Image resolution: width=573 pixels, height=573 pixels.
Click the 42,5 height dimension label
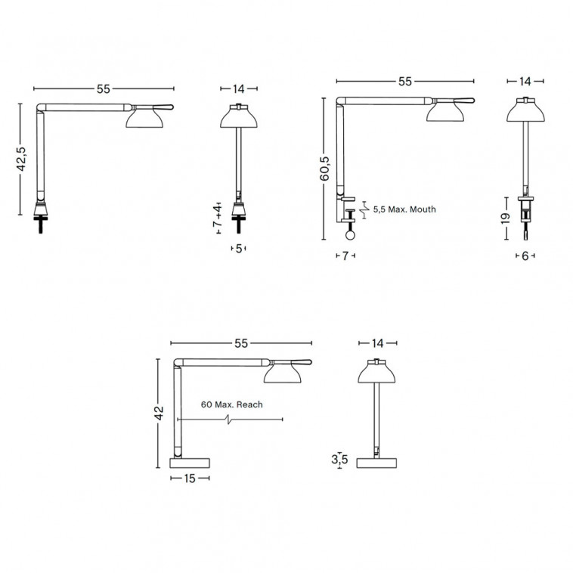pyautogui.click(x=22, y=159)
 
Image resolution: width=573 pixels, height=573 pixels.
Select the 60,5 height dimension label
pyautogui.click(x=324, y=169)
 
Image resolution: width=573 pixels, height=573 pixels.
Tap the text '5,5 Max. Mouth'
pyautogui.click(x=404, y=209)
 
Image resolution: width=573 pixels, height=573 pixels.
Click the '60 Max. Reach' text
pyautogui.click(x=231, y=404)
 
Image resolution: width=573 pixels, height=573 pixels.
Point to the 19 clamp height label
pyautogui.click(x=506, y=218)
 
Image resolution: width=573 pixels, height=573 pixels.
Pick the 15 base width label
pyautogui.click(x=190, y=478)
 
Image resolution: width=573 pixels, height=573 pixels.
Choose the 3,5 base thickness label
pyautogui.click(x=339, y=460)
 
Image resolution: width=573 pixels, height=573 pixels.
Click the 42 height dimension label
pyautogui.click(x=160, y=413)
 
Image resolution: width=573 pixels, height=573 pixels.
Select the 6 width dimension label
pyautogui.click(x=525, y=256)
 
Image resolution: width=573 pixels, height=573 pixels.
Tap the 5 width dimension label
pyautogui.click(x=239, y=249)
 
